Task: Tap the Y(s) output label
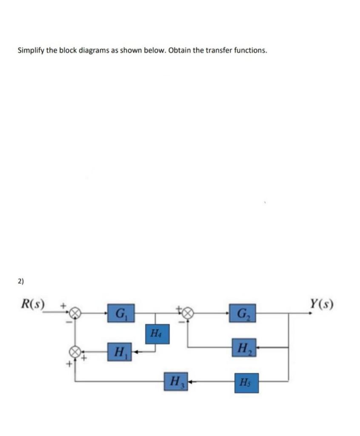[322, 304]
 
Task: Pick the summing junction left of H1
[75, 352]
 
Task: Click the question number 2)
[21, 281]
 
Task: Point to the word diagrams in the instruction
[93, 51]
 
